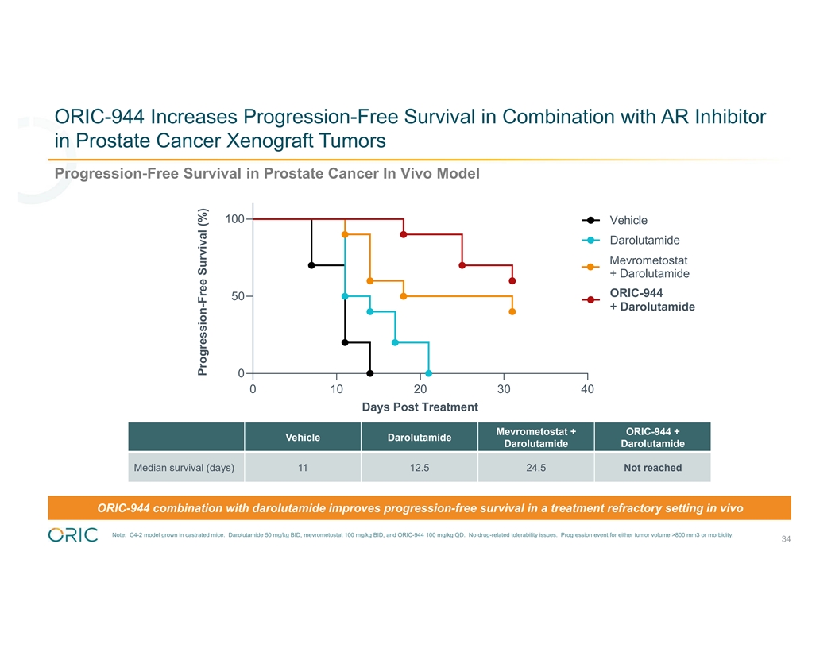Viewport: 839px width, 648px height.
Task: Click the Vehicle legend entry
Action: (x=628, y=220)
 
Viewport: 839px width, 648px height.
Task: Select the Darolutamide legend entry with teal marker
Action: (x=644, y=241)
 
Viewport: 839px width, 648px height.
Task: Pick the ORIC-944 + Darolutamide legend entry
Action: (x=651, y=300)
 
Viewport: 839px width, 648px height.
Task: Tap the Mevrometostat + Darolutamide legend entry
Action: (x=648, y=267)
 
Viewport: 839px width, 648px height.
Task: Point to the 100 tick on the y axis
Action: (x=234, y=218)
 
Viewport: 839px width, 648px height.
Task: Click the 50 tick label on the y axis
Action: (x=238, y=296)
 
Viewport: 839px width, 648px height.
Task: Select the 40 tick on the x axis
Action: (x=587, y=389)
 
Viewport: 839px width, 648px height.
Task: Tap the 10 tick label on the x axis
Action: (x=337, y=389)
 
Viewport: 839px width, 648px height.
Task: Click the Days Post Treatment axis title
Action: (x=419, y=407)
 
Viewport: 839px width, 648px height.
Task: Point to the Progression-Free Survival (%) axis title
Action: (x=203, y=291)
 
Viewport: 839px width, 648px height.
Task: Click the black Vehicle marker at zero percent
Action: (x=370, y=373)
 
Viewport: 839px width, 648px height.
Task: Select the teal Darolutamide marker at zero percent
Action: (x=429, y=373)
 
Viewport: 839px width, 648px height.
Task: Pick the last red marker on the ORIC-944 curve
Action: (x=512, y=280)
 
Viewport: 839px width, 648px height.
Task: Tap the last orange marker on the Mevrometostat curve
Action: (x=512, y=311)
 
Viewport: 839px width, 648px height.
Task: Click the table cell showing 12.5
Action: (x=419, y=468)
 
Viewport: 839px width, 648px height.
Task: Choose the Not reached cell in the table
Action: (x=652, y=468)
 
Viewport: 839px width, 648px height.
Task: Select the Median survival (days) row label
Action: (x=185, y=468)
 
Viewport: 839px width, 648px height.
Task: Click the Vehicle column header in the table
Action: (x=303, y=437)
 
